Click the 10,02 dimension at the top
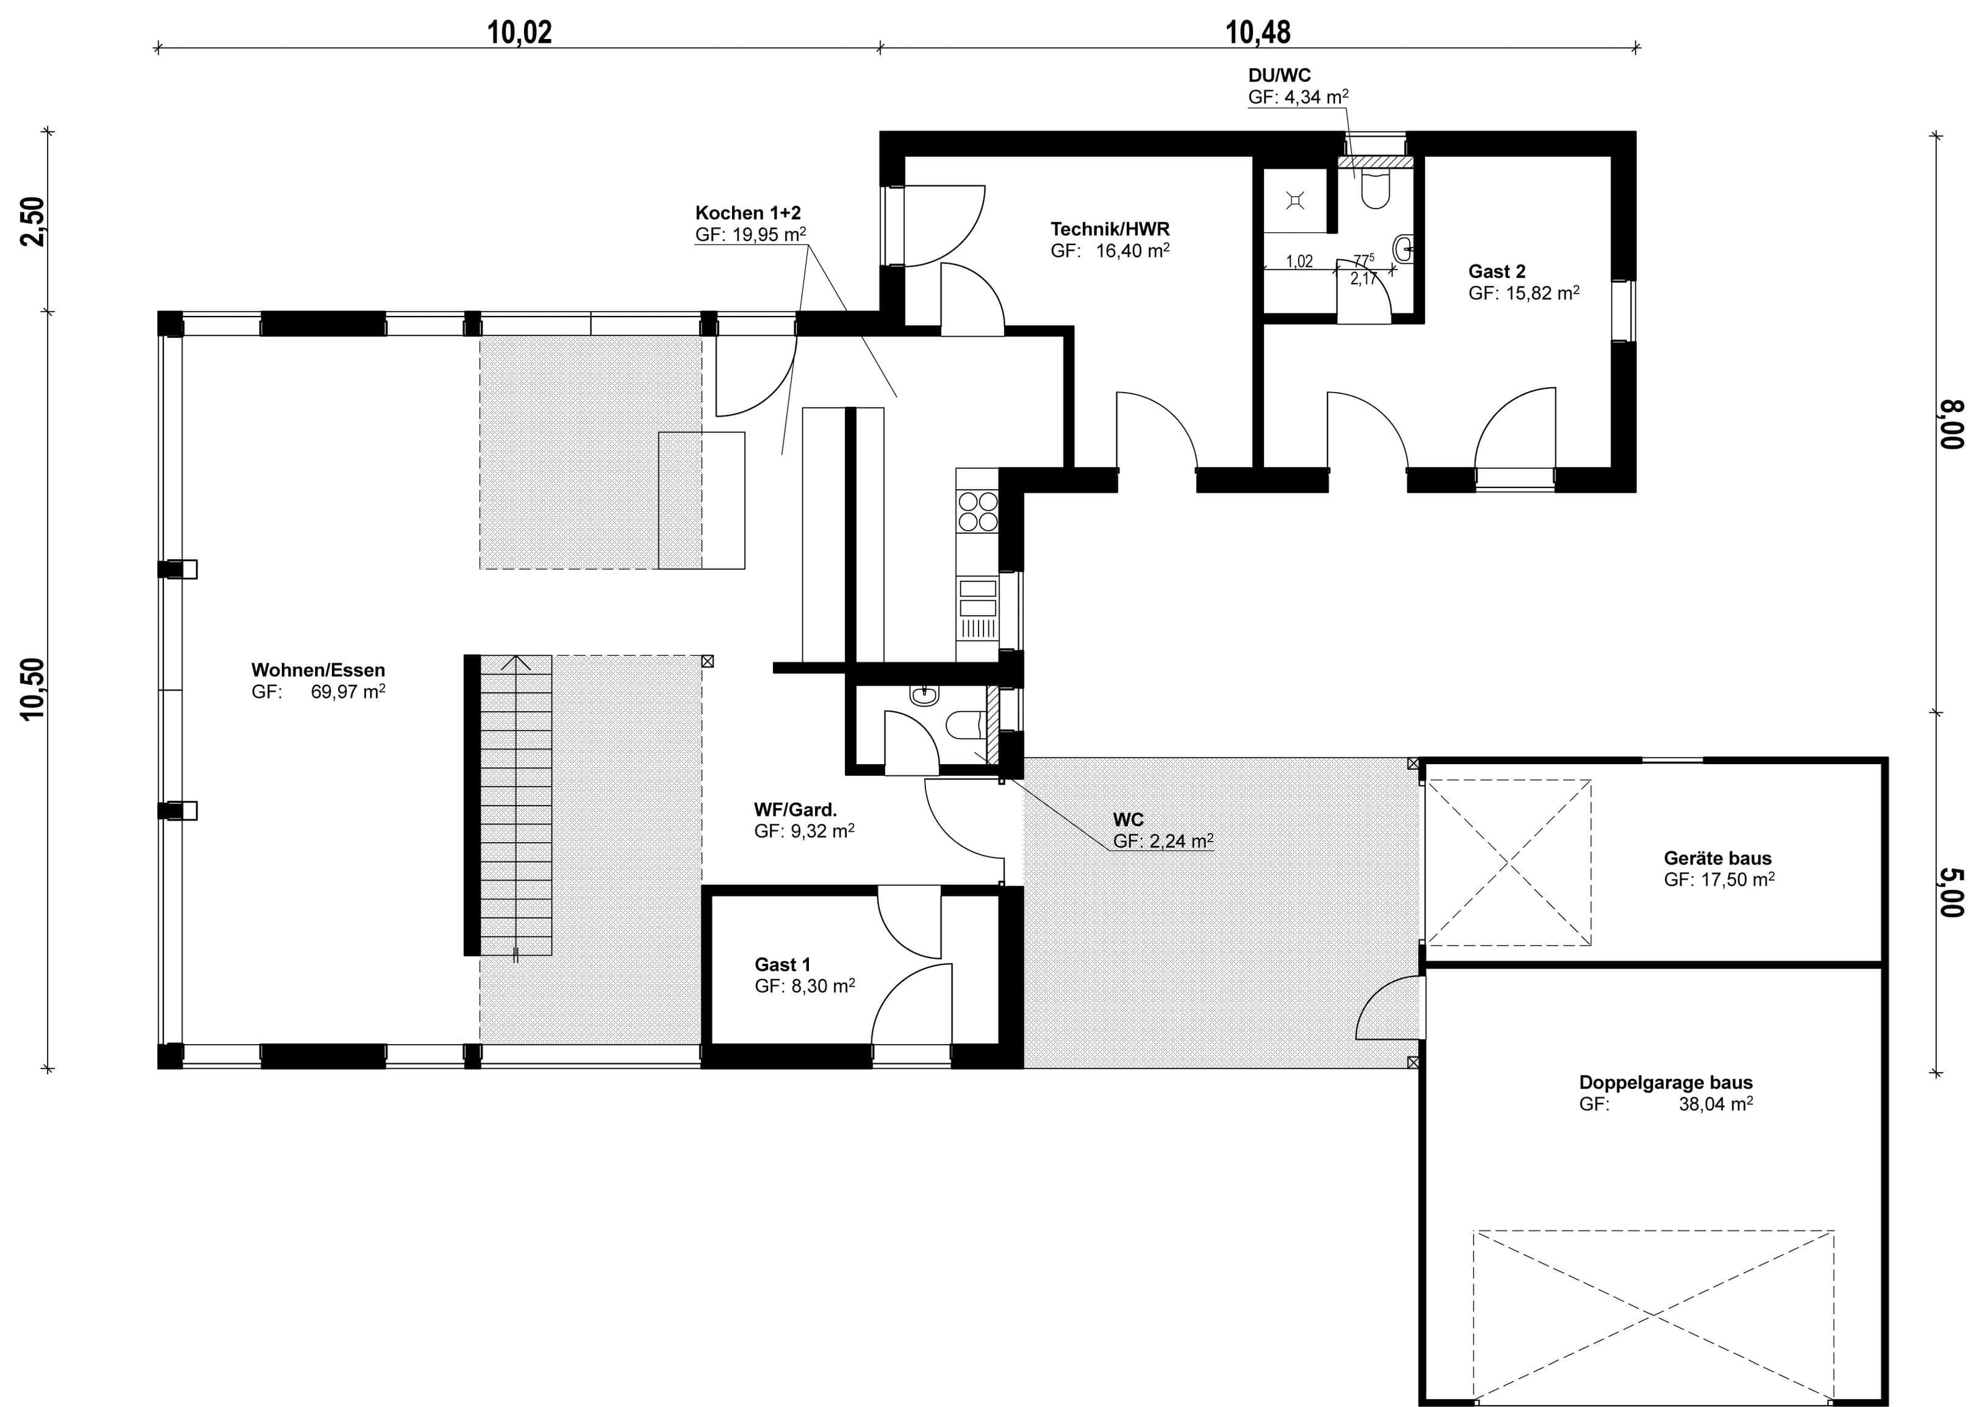tap(519, 32)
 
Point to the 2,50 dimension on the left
tap(32, 222)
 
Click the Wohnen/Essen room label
tap(318, 669)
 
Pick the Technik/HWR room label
tap(1110, 229)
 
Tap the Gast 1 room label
tap(782, 964)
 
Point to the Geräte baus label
tap(1717, 858)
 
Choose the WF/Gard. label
tap(795, 809)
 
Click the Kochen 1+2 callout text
tap(748, 212)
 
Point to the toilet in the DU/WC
tap(1374, 189)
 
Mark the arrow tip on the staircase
tap(517, 656)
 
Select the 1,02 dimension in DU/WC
tap(1299, 261)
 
